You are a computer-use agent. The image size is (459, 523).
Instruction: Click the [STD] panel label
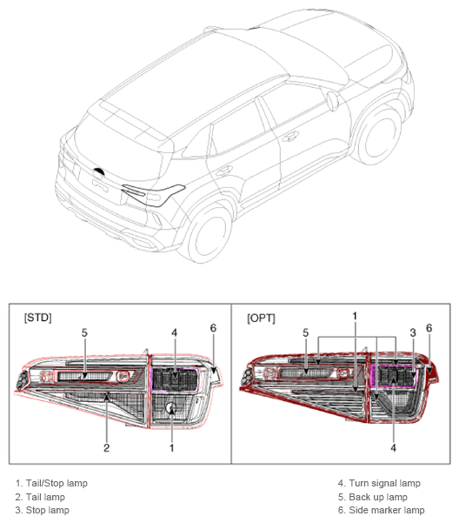coord(38,318)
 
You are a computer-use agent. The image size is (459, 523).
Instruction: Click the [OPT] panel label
coord(261,318)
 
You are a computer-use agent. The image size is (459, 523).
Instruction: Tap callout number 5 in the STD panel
coord(84,332)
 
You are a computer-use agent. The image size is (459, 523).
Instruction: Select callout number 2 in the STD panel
coord(107,447)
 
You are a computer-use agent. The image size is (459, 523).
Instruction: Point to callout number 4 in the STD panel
coord(174,332)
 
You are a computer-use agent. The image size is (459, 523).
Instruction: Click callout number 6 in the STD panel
coord(213,328)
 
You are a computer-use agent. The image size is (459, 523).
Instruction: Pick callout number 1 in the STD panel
coord(172,447)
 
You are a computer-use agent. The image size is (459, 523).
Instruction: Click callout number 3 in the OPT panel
coord(413,332)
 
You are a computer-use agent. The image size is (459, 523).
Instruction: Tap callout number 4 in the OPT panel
coord(394,447)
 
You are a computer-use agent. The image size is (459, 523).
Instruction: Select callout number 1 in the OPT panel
coord(355,316)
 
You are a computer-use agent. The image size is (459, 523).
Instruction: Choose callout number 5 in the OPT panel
coord(305,332)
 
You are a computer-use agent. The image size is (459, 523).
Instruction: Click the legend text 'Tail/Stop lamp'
coord(57,483)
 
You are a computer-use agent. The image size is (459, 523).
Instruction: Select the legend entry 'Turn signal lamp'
coord(384,483)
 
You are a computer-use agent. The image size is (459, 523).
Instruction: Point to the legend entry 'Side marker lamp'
coord(387,510)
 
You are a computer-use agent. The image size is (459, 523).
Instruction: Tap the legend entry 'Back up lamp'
coord(378,497)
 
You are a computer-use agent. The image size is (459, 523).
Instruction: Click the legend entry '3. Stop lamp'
coord(43,510)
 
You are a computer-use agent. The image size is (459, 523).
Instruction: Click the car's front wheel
coord(380,136)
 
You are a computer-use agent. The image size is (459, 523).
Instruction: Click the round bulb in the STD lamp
coord(171,407)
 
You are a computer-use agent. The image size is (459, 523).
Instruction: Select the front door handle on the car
coord(290,136)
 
